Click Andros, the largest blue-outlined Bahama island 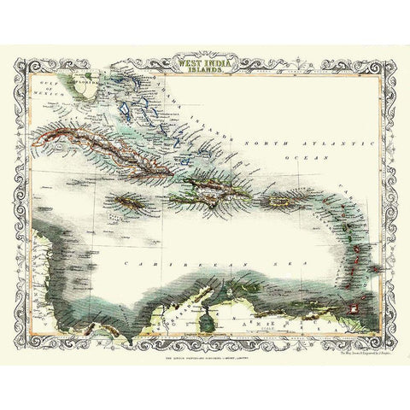tap(127, 109)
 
